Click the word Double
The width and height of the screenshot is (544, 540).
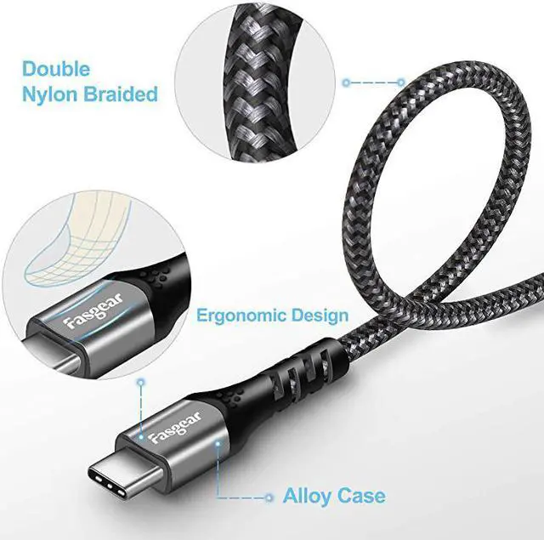(x=56, y=69)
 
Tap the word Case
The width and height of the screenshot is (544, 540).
(x=364, y=496)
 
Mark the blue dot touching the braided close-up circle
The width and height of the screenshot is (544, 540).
(x=346, y=82)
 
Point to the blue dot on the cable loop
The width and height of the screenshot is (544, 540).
(x=401, y=82)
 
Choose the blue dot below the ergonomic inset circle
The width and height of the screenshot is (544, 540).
(x=141, y=384)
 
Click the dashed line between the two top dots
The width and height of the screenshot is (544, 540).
(x=374, y=82)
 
